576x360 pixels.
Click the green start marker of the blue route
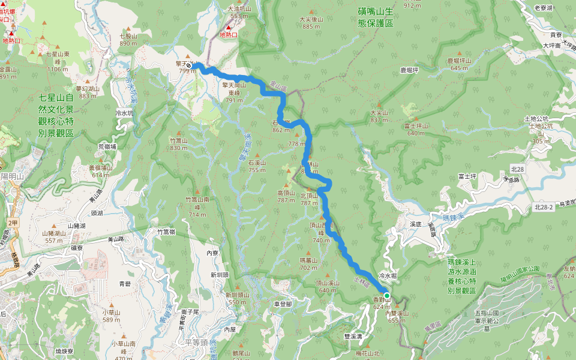point(388,296)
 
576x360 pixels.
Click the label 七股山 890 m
point(128,40)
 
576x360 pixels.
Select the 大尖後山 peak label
point(311,23)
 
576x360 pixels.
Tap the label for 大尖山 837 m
point(380,116)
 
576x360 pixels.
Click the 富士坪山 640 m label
point(415,129)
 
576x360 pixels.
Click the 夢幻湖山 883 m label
point(88,92)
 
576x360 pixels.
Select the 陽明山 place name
point(12,176)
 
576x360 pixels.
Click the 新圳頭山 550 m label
point(237,298)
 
